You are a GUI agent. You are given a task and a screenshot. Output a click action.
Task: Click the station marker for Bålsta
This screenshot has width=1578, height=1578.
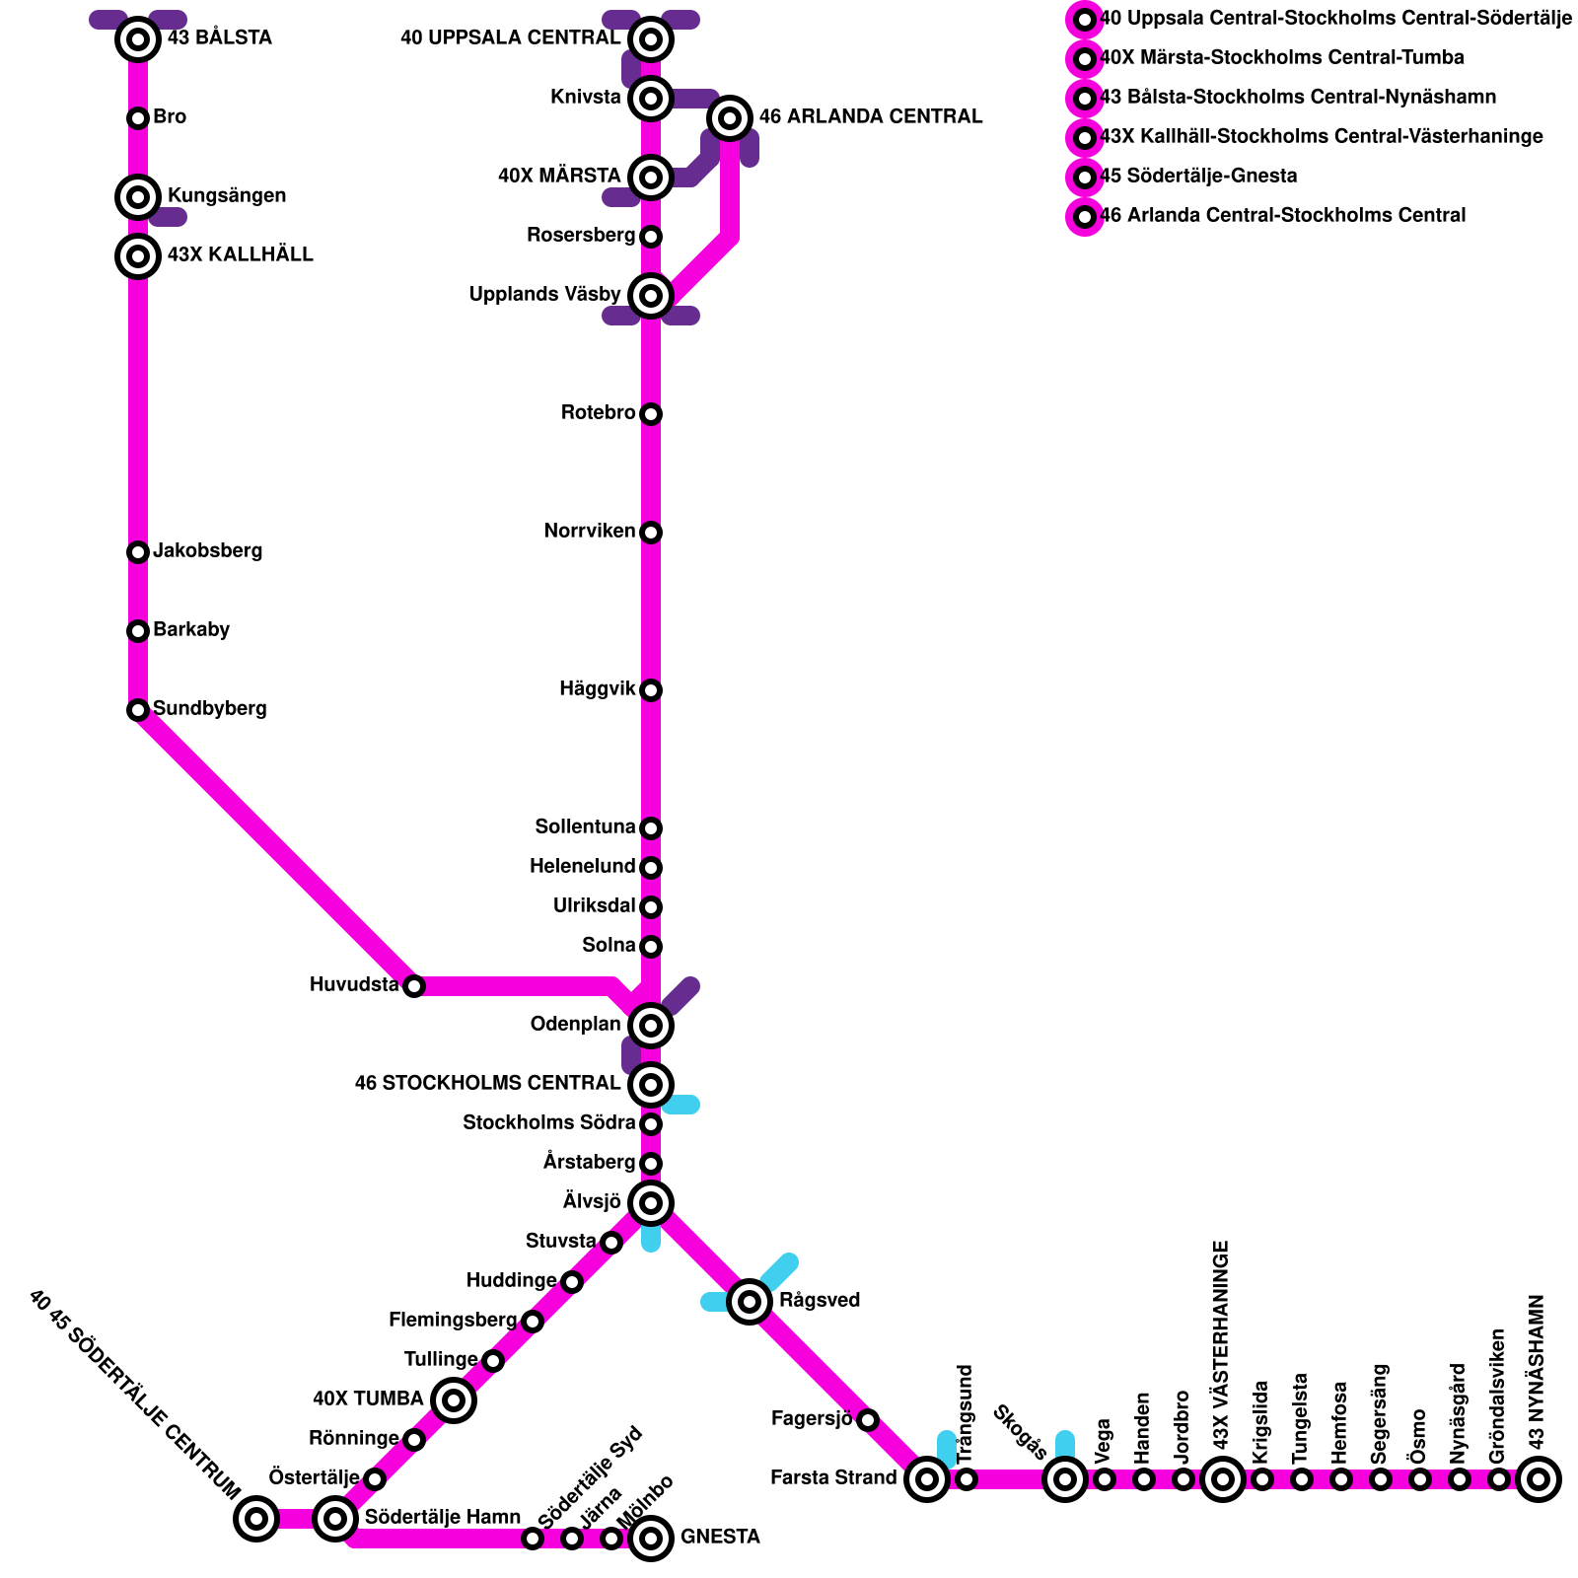coord(138,39)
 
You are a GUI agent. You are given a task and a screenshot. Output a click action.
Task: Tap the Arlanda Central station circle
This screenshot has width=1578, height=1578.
coord(730,118)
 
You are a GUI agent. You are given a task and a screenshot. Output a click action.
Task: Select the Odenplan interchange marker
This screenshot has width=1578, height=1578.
coord(651,1026)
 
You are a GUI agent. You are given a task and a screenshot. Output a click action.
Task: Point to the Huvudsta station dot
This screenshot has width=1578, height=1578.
coord(414,986)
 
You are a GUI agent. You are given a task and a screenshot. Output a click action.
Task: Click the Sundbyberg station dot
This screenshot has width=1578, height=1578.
coord(138,710)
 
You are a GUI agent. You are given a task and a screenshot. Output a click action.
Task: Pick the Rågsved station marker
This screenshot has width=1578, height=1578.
coord(750,1302)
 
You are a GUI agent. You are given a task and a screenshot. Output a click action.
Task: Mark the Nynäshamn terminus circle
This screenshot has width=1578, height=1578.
coord(1539,1479)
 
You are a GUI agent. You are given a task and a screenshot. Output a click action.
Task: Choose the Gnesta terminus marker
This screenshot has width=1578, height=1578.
coord(651,1539)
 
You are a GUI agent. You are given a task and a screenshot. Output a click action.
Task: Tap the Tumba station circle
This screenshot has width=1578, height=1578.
coord(454,1400)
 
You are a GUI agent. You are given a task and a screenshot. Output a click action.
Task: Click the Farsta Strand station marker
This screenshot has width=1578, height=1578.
coord(927,1479)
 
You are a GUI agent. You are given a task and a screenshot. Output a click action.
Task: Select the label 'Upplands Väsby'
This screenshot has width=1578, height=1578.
coord(545,295)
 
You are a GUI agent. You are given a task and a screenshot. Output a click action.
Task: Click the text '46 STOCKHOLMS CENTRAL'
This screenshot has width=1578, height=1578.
coord(487,1084)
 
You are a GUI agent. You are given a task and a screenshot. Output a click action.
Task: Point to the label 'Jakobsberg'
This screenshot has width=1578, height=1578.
coord(208,551)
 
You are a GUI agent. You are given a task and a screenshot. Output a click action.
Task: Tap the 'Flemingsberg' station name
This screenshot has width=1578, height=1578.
coord(453,1321)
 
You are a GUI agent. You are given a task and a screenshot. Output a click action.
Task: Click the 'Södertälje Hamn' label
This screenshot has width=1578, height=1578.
coord(443,1518)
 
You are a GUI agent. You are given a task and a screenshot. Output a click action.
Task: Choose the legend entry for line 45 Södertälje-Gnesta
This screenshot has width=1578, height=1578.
coord(1198,177)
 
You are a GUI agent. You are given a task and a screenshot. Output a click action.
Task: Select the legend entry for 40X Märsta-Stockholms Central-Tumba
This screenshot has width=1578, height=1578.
coord(1281,58)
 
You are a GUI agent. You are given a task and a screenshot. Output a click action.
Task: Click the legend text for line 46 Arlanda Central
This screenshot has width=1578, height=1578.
coord(1282,216)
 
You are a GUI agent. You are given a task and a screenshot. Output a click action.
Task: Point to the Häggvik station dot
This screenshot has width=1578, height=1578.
coord(651,690)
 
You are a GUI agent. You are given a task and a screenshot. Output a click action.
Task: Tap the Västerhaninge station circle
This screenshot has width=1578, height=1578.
coord(1223,1479)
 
